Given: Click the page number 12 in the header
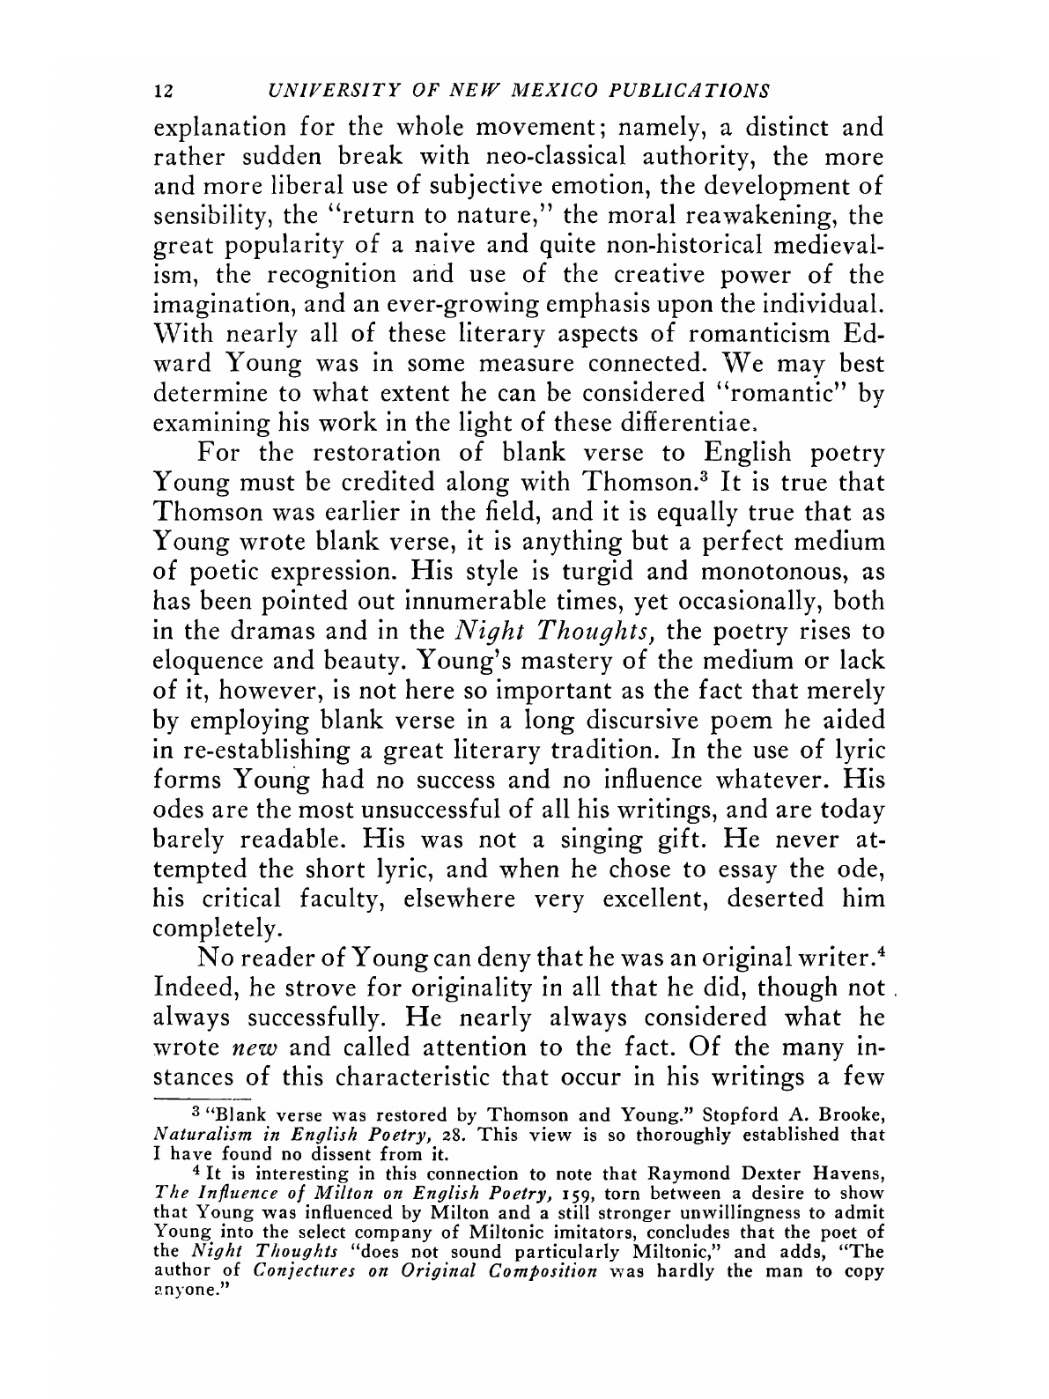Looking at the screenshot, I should coord(162,91).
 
